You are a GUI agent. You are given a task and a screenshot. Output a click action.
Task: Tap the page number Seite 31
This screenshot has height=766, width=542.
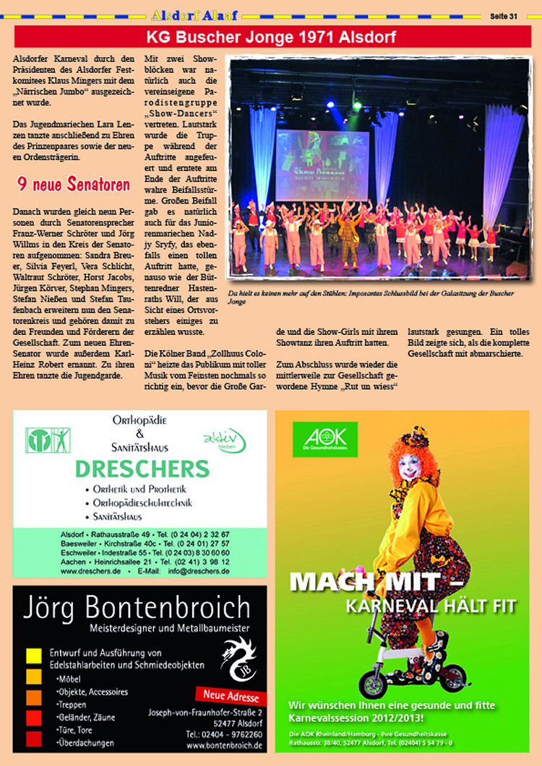[504, 15]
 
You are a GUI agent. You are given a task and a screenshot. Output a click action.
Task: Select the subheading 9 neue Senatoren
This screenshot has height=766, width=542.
[74, 185]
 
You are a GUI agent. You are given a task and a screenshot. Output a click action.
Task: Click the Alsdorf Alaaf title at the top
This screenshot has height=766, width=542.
[195, 14]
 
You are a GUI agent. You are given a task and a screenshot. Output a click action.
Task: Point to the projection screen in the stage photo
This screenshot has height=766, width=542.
[322, 165]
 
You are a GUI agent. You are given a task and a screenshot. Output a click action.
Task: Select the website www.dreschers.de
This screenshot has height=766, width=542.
[90, 570]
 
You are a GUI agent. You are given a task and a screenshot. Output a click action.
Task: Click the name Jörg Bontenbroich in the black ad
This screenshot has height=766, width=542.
[137, 606]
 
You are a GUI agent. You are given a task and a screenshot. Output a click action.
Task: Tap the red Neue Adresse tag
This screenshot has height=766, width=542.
[231, 697]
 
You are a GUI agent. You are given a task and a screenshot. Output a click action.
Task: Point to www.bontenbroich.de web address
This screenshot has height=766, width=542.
[224, 746]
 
